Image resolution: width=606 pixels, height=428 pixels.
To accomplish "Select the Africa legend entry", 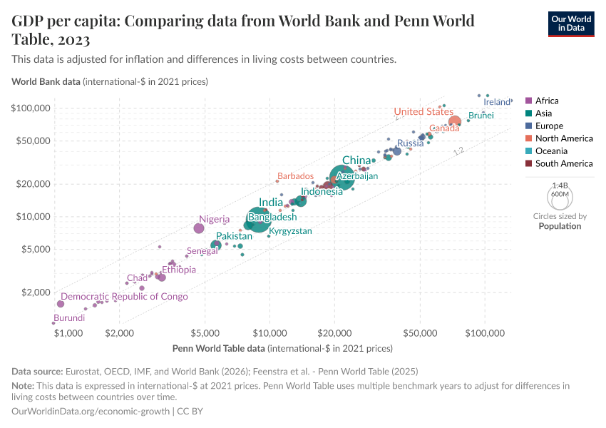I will [546, 101].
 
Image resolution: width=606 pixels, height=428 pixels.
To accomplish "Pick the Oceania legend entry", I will [551, 151].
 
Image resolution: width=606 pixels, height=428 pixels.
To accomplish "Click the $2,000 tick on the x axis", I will [120, 333].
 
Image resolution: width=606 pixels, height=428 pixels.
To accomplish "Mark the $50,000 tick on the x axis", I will [420, 333].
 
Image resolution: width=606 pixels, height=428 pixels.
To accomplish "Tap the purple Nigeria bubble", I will [199, 228].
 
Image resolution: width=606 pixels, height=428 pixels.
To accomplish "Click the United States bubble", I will [455, 121].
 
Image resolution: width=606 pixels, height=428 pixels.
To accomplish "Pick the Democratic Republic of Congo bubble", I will [61, 304].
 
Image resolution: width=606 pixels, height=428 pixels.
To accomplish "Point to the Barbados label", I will [295, 176].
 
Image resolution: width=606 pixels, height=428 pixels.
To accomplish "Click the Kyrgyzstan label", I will [290, 231].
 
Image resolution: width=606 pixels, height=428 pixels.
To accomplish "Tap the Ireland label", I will [497, 102].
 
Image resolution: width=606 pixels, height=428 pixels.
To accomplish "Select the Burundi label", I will [69, 318].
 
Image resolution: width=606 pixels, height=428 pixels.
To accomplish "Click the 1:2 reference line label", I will [458, 151].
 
